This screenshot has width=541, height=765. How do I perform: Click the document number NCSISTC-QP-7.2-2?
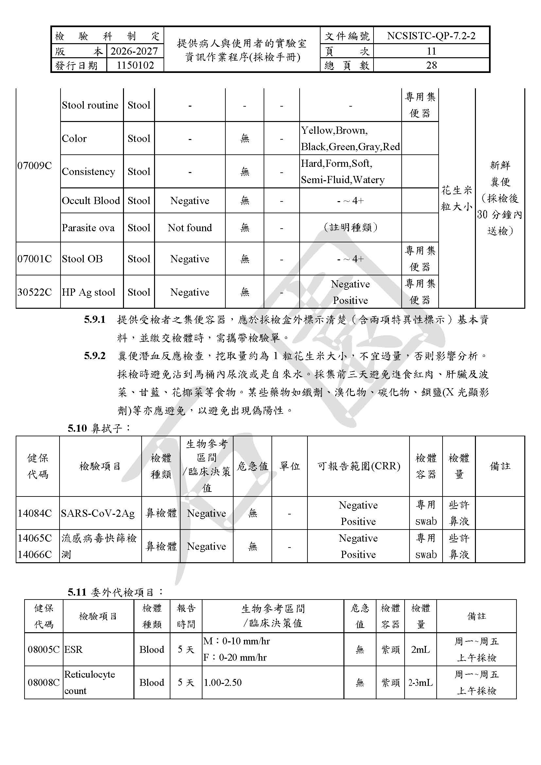[431, 36]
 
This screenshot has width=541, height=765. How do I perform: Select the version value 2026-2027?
[134, 51]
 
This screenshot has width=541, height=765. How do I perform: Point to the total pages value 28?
[431, 65]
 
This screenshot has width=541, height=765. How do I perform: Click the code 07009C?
[35, 165]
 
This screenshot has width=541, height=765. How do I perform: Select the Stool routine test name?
[90, 105]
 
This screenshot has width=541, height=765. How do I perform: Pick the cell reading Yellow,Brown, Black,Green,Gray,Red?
[350, 138]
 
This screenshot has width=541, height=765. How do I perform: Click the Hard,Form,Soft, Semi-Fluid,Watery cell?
[343, 172]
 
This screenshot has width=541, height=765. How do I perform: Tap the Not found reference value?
[190, 228]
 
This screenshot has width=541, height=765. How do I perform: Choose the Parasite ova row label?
[88, 228]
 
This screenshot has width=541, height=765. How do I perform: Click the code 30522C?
[35, 292]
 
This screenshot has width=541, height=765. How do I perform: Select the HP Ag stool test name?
[88, 292]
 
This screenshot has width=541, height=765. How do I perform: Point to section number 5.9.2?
[95, 356]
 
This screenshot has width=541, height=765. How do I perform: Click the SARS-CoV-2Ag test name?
[97, 513]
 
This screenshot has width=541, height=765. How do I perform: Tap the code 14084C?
[35, 513]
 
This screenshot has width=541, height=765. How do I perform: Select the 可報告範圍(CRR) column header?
[358, 466]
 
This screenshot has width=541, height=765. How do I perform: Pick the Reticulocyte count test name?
[89, 682]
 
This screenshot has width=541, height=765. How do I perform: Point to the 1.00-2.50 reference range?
[222, 682]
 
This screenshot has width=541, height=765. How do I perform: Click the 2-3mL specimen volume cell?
[420, 683]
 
